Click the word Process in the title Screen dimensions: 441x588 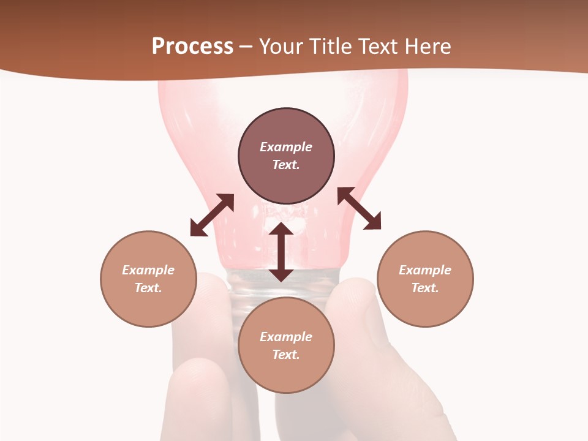tap(192, 47)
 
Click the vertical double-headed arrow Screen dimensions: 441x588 tap(281, 252)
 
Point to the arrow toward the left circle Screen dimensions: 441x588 tap(212, 215)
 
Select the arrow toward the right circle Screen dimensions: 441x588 tap(360, 209)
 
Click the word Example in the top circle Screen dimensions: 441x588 tap(286, 147)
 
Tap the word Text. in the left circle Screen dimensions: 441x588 tap(148, 288)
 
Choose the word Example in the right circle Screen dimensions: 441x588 tap(425, 270)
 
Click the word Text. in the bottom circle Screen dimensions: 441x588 tap(286, 355)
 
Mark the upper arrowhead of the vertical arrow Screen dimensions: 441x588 tap(281, 229)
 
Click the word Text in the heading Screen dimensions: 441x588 tap(379, 47)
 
